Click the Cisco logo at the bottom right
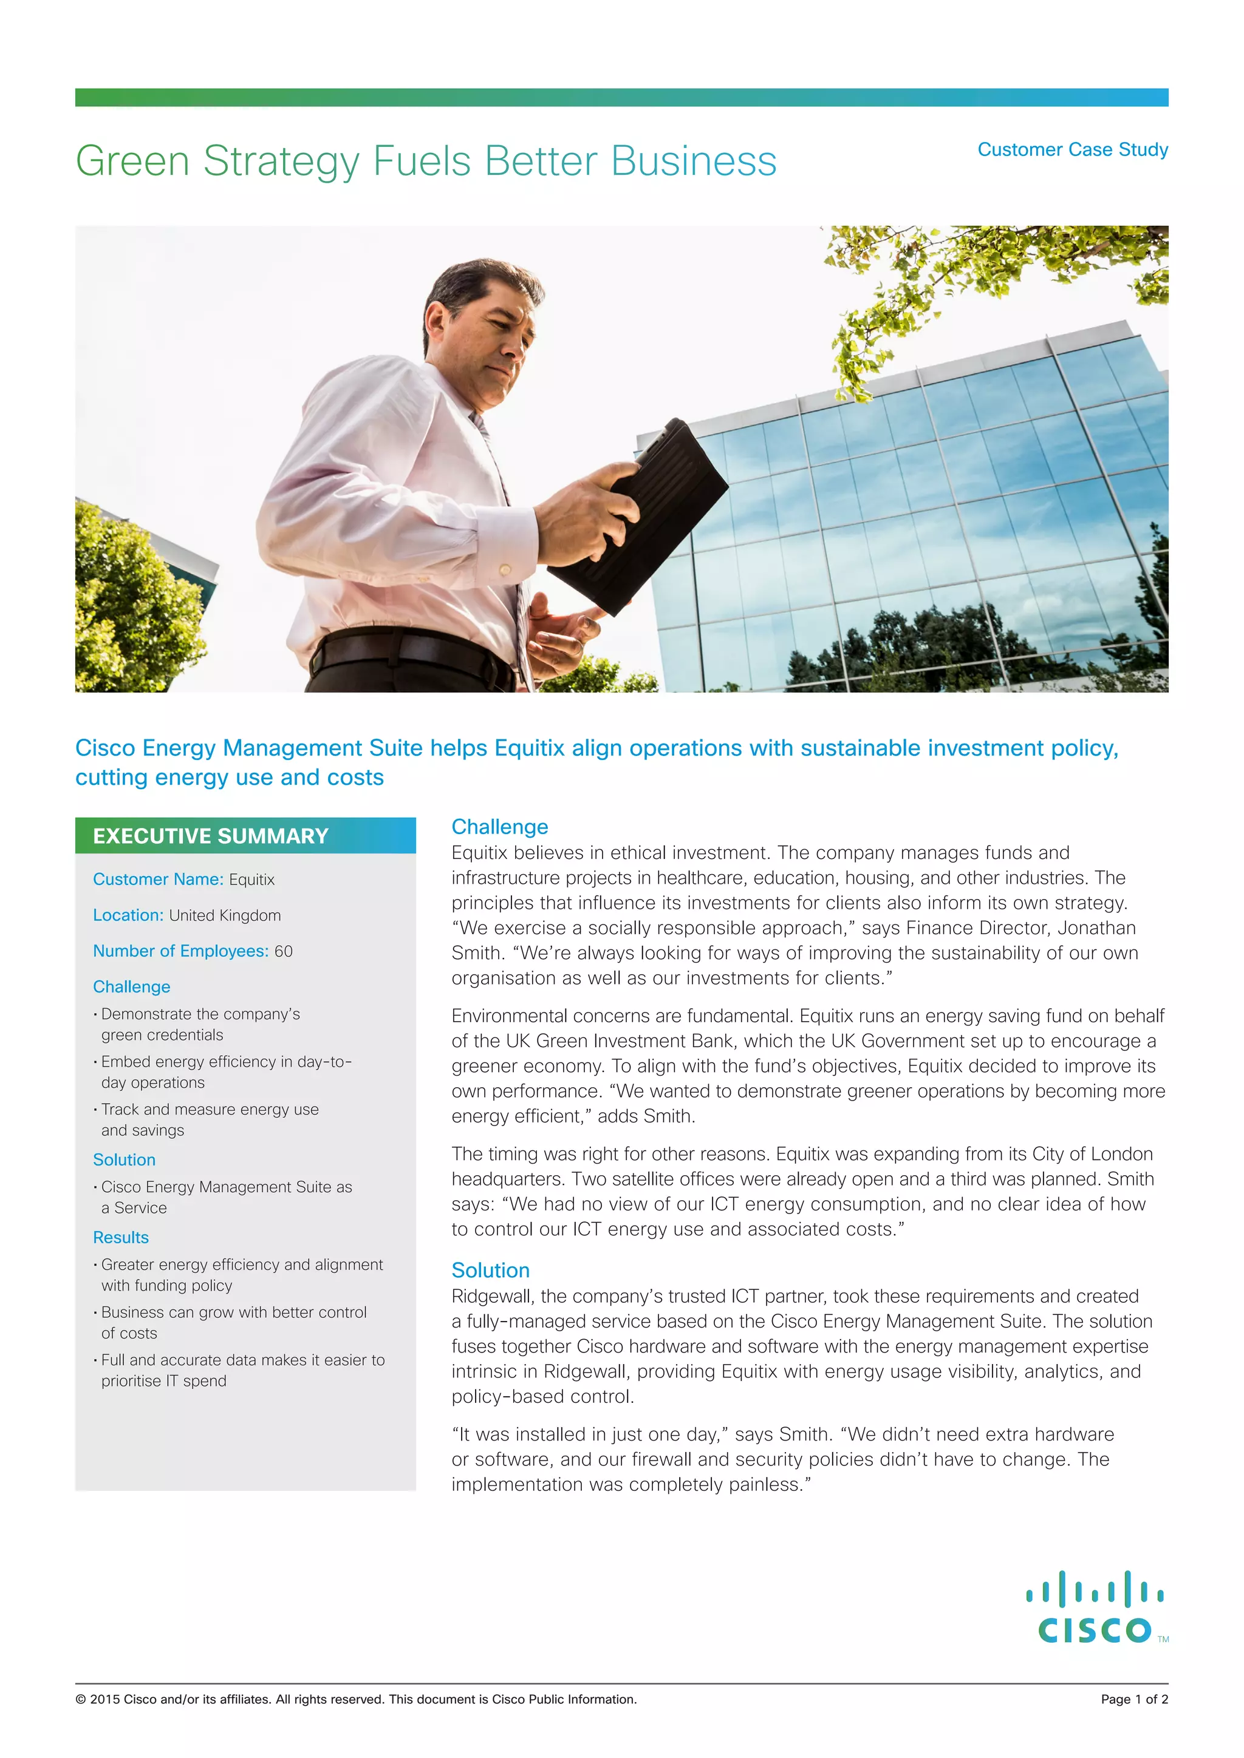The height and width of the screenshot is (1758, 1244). [1095, 1609]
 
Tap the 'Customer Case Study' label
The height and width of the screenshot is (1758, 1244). [1073, 149]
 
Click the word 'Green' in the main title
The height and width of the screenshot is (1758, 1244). [132, 161]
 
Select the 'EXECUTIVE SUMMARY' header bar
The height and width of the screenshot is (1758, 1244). [245, 835]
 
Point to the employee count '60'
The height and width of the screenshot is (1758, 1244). [284, 951]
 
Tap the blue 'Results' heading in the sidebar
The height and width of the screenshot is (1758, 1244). [121, 1237]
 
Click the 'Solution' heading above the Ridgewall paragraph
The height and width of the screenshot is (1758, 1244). [490, 1271]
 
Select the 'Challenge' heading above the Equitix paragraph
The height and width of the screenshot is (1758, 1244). [499, 827]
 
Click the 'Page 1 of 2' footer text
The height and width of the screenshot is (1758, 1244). [1133, 1699]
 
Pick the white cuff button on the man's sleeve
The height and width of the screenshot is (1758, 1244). [505, 569]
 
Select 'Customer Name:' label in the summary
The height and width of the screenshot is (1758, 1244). [158, 879]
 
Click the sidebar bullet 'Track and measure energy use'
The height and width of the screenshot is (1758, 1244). [210, 1110]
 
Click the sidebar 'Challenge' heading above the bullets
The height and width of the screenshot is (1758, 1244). [132, 987]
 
